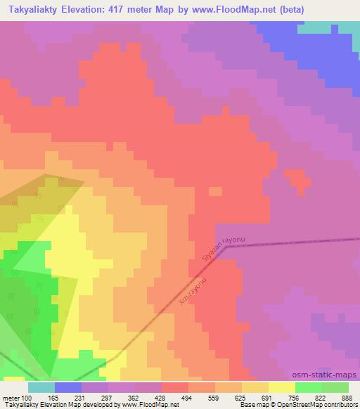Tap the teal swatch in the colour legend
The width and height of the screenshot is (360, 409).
[x=41, y=387]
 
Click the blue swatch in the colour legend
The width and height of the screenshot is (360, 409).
[x=68, y=387]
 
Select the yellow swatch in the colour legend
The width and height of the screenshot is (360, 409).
[x=282, y=387]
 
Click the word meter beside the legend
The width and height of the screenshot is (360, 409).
[x=9, y=397]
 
